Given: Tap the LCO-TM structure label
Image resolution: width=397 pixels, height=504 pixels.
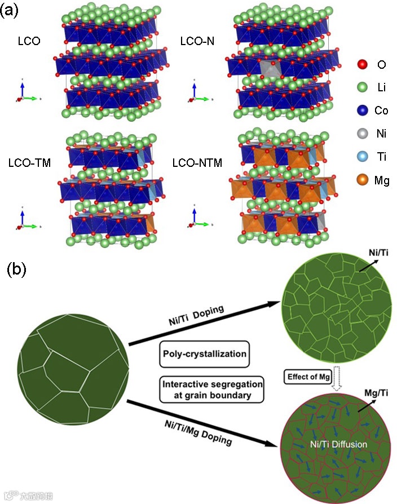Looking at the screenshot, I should [30, 163].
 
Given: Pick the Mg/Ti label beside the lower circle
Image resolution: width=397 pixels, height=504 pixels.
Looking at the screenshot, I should [376, 392].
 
